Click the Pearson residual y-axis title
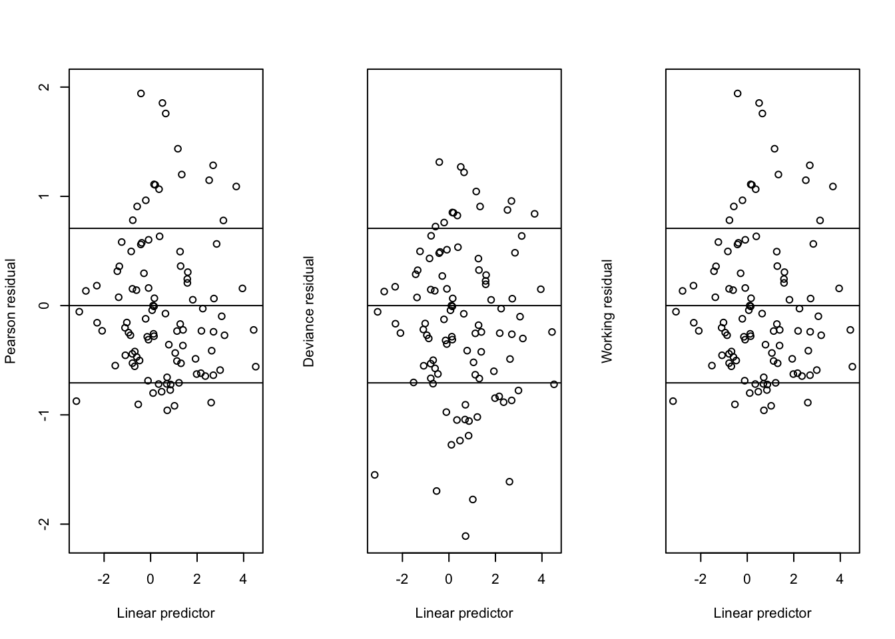[10, 311]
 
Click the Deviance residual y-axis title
[308, 311]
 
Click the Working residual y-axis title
[607, 311]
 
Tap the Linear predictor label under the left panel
[166, 613]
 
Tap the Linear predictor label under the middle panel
[464, 613]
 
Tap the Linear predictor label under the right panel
[762, 613]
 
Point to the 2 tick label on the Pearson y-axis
[45, 87]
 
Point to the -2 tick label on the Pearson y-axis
[45, 524]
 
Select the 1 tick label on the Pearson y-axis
[45, 196]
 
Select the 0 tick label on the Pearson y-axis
[45, 306]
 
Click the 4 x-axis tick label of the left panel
[243, 579]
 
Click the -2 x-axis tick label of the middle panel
[402, 579]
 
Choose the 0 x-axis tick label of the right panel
[747, 579]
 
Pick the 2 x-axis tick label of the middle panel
[495, 579]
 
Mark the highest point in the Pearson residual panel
[141, 94]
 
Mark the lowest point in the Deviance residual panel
[465, 536]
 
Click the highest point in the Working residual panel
[738, 94]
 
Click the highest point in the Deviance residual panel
[440, 162]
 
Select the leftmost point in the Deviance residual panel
[375, 475]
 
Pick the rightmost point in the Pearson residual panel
[256, 367]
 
